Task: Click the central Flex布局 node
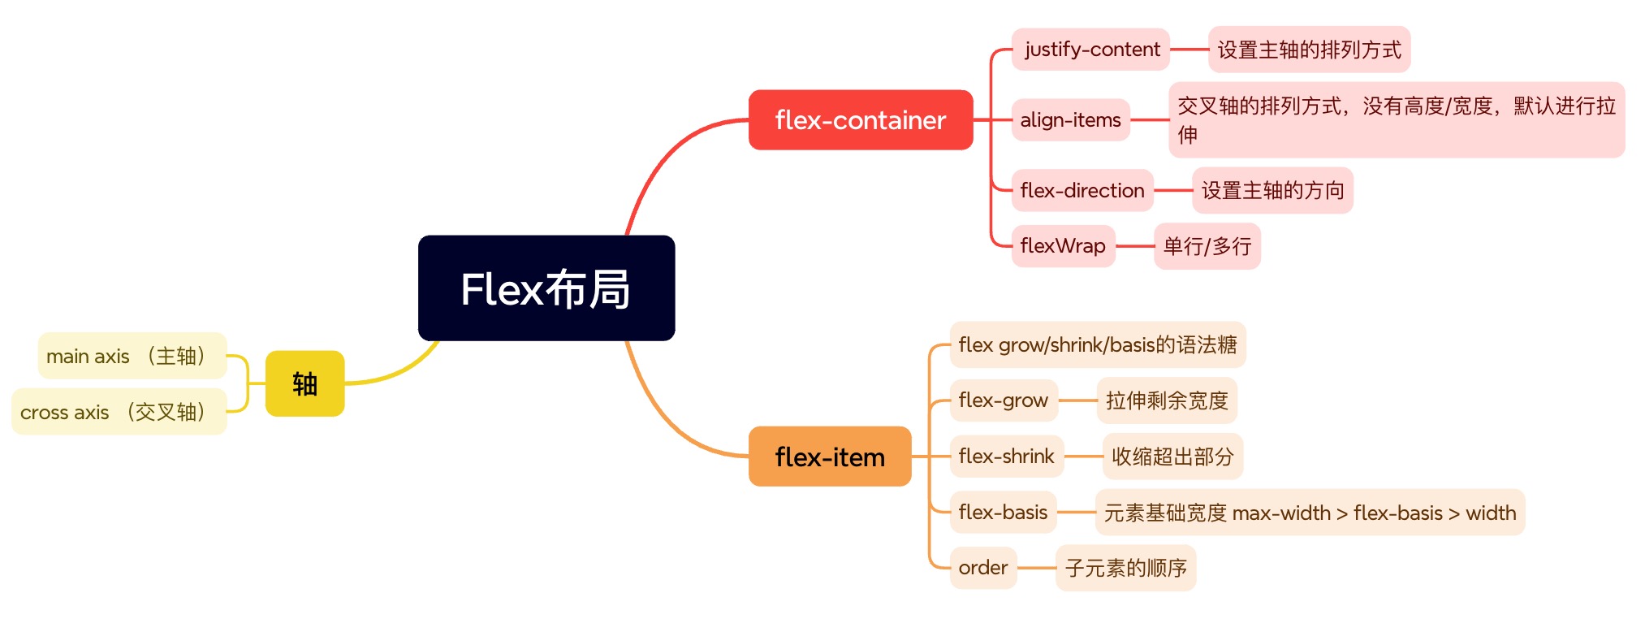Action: pyautogui.click(x=546, y=288)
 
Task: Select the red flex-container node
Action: pyautogui.click(x=861, y=120)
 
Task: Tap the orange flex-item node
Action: pyautogui.click(x=830, y=457)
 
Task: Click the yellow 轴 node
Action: pyautogui.click(x=305, y=383)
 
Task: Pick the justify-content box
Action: pyautogui.click(x=1090, y=50)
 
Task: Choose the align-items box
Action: pyautogui.click(x=1071, y=120)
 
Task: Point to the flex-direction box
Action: pyautogui.click(x=1082, y=191)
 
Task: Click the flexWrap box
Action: pyautogui.click(x=1063, y=246)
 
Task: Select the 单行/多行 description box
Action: pyautogui.click(x=1207, y=246)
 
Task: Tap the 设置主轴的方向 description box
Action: pyautogui.click(x=1272, y=191)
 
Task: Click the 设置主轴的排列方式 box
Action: pyautogui.click(x=1310, y=50)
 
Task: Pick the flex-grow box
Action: pyautogui.click(x=1004, y=400)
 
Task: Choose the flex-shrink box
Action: pyautogui.click(x=1007, y=457)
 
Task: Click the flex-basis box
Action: pyautogui.click(x=1004, y=513)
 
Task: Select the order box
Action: pyautogui.click(x=983, y=568)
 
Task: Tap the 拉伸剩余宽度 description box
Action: pyautogui.click(x=1167, y=400)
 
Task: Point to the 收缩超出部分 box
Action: pyautogui.click(x=1172, y=457)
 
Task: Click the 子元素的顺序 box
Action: pyautogui.click(x=1126, y=568)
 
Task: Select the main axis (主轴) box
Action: pyautogui.click(x=132, y=356)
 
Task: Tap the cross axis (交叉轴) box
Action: pyautogui.click(x=119, y=412)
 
